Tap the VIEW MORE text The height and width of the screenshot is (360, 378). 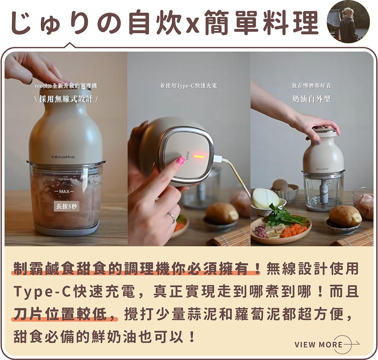[318, 345]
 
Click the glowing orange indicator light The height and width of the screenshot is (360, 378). [199, 157]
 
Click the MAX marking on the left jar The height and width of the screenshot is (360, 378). [64, 191]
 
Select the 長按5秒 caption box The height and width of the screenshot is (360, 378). [66, 206]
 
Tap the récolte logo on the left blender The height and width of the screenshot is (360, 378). [63, 157]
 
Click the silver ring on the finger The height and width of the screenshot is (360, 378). [172, 217]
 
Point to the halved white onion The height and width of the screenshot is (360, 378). [266, 198]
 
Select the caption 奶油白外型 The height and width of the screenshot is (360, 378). [312, 99]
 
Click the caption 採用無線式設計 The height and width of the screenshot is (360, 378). [66, 99]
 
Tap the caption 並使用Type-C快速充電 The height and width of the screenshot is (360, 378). [189, 86]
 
